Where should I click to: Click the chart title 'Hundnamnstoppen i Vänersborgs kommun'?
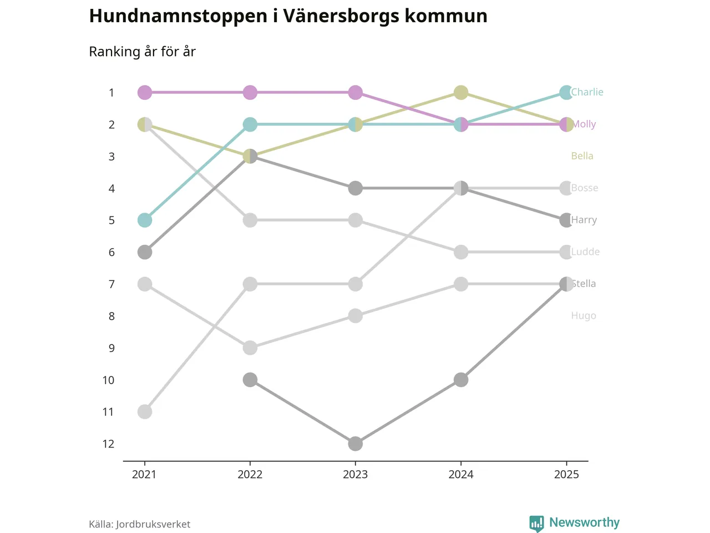288,16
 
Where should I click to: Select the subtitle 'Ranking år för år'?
142,52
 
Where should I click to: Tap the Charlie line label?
587,92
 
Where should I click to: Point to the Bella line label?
582,156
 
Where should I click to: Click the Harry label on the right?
585,220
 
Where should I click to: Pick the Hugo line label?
584,316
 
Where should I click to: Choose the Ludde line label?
586,252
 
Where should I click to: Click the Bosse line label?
585,188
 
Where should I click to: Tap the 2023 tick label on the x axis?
355,474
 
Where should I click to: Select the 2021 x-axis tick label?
144,474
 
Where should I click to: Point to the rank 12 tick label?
108,444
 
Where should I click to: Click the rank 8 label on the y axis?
111,316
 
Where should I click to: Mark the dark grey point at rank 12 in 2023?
355,444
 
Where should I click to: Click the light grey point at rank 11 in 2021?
145,412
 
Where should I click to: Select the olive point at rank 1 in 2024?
461,92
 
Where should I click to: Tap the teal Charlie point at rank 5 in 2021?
145,220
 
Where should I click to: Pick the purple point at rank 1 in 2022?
250,92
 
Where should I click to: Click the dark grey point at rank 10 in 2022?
250,380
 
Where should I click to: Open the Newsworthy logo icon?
536,523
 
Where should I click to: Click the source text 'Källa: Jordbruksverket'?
139,524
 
